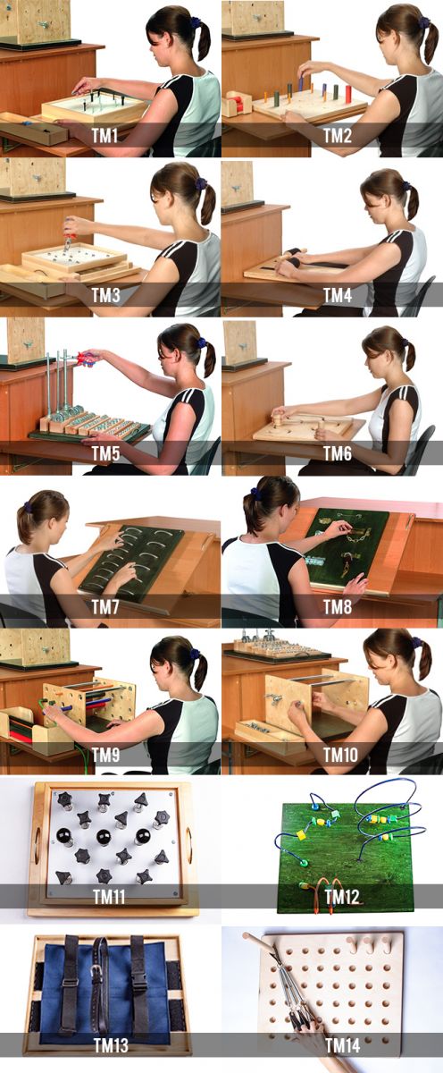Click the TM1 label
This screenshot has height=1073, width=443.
click(x=104, y=136)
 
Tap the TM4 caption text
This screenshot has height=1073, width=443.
click(x=338, y=295)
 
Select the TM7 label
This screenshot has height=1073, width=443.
click(x=105, y=607)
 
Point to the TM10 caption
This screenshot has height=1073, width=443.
click(x=340, y=756)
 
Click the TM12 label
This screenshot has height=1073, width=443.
click(x=341, y=897)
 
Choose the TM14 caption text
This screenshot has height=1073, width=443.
click(x=343, y=1045)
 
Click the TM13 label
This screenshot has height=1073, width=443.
click(x=111, y=1045)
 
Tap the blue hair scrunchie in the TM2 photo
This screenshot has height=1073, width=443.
click(x=424, y=22)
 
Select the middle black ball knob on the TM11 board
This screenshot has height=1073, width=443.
click(x=104, y=837)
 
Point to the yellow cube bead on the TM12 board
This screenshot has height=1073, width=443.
click(x=301, y=835)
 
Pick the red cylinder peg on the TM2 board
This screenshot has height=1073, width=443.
click(x=348, y=91)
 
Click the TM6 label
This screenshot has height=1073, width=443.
click(x=338, y=453)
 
